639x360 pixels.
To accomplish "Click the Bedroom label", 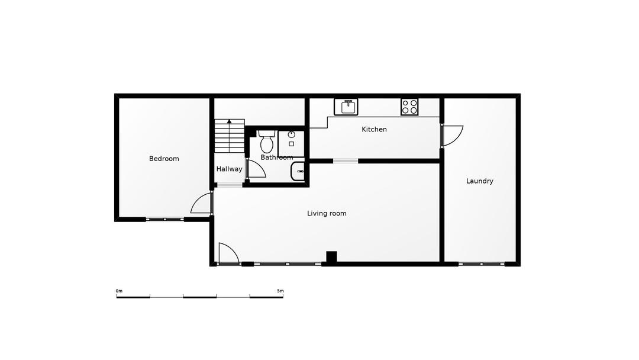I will coord(164,159).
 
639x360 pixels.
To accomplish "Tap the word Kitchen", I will coord(374,129).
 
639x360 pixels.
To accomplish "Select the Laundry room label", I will coord(479,181).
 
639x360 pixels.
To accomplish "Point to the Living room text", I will coord(327,213).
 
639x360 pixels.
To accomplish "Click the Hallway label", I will coord(229,169).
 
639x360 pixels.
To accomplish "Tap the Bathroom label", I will coord(277,157).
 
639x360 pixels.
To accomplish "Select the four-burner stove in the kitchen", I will coord(409,107).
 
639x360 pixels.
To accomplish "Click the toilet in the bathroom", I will coord(266,142).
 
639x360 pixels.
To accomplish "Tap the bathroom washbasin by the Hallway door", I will coord(297,172).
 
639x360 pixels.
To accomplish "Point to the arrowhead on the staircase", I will coord(229,121).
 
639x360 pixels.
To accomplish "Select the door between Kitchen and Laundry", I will coord(451,136).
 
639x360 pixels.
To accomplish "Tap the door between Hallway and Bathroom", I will coord(256,169).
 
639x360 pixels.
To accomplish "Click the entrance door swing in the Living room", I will coord(228,253).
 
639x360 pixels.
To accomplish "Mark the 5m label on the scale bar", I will coord(280,291).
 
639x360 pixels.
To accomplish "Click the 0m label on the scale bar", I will coord(119,291).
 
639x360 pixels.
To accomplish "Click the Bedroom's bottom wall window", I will coord(164,219).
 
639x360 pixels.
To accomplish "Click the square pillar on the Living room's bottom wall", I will coord(331,256).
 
